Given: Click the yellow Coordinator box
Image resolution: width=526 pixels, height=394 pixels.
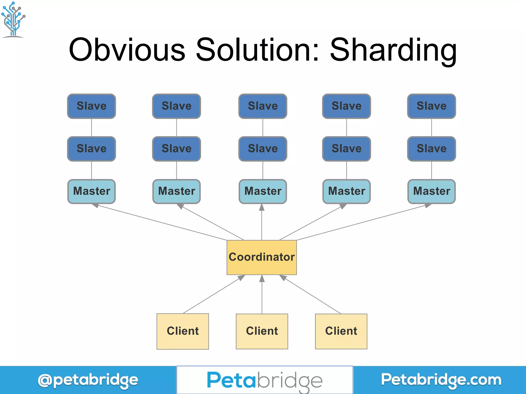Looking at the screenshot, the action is tap(261, 257).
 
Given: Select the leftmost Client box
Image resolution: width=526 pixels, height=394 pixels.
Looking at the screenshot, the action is tap(183, 331).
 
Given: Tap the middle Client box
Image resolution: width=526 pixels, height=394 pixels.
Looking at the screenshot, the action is tap(262, 331).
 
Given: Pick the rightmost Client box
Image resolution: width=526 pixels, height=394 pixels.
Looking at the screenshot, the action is tap(341, 331).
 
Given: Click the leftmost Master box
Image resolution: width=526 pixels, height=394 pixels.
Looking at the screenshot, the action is tap(91, 191).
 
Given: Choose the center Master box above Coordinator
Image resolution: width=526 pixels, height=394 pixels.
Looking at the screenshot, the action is tap(263, 191).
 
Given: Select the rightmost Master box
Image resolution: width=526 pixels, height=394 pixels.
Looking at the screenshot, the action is tap(431, 191).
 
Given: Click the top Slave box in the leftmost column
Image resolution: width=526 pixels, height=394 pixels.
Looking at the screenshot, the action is tap(91, 106).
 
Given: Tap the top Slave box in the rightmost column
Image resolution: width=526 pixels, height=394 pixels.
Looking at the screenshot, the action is tap(431, 106).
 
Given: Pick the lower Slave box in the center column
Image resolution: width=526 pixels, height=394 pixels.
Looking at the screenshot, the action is tap(263, 149).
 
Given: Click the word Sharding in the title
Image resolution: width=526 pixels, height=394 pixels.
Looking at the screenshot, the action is tap(393, 50).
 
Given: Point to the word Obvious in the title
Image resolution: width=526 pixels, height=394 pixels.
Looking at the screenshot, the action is tap(127, 50).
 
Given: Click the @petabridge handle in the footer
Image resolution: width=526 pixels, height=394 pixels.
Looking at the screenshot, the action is tap(88, 380).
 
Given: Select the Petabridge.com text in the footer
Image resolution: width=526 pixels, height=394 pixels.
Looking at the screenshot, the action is tap(441, 380).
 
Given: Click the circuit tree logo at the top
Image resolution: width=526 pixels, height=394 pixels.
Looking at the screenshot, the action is tap(13, 19).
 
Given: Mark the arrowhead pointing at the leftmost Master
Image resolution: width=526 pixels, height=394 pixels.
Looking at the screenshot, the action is tap(95, 205).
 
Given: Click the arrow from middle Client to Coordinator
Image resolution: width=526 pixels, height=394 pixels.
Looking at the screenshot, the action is tap(262, 295).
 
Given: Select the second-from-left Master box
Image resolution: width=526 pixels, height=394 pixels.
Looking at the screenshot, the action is tap(176, 191).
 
